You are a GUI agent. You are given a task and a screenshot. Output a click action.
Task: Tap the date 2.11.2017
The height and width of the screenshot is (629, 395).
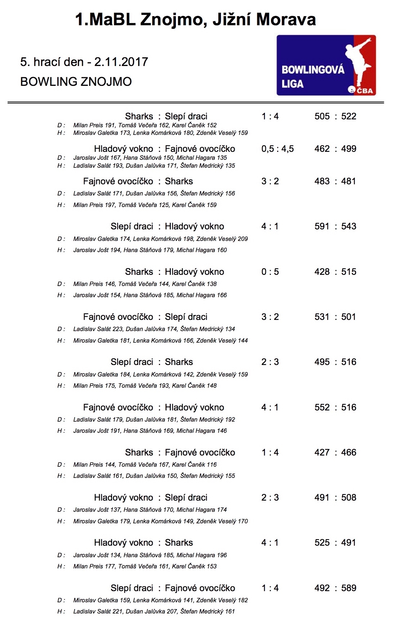pyautogui.click(x=121, y=62)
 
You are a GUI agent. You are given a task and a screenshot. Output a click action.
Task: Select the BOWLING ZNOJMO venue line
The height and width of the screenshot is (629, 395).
pyautogui.click(x=76, y=82)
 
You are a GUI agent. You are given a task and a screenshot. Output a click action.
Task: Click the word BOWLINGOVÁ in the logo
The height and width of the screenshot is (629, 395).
pyautogui.click(x=313, y=70)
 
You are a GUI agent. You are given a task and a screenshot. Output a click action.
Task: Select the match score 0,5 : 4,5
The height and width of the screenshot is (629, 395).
pyautogui.click(x=278, y=149)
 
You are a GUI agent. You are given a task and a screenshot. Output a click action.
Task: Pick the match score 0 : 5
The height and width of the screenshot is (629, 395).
pyautogui.click(x=270, y=272)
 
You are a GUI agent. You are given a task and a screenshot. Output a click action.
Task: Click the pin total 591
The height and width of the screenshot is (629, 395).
pyautogui.click(x=322, y=226)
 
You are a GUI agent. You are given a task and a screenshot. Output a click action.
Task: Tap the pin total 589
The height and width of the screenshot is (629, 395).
pyautogui.click(x=349, y=588)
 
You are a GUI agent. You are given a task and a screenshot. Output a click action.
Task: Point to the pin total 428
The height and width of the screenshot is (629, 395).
pyautogui.click(x=322, y=272)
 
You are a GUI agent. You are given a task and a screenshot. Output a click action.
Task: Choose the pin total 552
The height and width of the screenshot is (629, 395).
pyautogui.click(x=322, y=408)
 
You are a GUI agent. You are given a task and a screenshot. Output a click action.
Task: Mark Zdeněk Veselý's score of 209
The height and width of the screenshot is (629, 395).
pyautogui.click(x=243, y=239)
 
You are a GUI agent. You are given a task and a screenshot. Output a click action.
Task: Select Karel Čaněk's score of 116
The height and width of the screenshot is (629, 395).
pyautogui.click(x=212, y=465)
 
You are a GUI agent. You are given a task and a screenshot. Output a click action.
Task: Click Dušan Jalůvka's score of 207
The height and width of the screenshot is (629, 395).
pyautogui.click(x=172, y=611)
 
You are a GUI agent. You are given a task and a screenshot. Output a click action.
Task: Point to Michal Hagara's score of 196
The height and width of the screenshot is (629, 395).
pyautogui.click(x=222, y=555)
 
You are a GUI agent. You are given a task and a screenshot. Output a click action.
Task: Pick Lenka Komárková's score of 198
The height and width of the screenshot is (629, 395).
pyautogui.click(x=188, y=239)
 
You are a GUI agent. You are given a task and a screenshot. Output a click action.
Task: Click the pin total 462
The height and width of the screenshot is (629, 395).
pyautogui.click(x=322, y=149)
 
